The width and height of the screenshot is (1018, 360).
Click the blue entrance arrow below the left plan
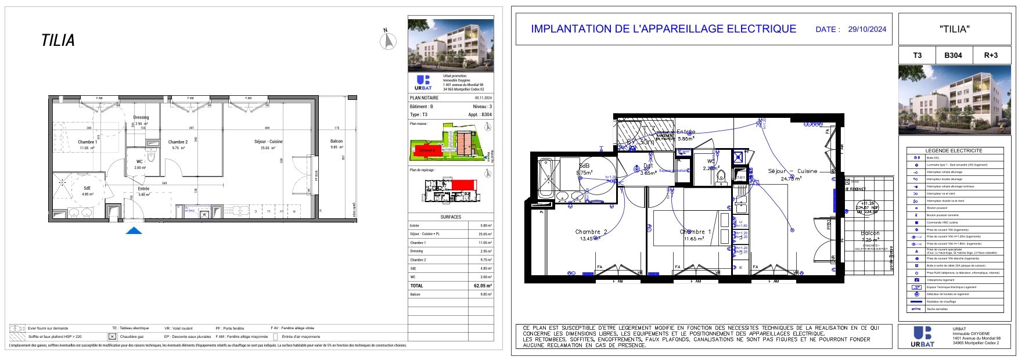click(x=134, y=231)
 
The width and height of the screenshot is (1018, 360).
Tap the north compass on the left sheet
click(x=388, y=41)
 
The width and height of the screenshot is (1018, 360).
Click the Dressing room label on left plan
click(x=141, y=117)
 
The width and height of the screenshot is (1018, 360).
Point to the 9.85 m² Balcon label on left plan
click(x=336, y=144)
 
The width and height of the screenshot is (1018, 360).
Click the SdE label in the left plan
click(x=87, y=188)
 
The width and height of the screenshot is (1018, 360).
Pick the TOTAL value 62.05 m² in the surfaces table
click(x=483, y=286)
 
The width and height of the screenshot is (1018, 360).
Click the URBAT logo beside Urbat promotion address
click(x=423, y=83)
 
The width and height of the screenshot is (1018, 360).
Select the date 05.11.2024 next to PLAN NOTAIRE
click(x=483, y=98)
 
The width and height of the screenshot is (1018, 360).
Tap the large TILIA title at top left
click(x=58, y=41)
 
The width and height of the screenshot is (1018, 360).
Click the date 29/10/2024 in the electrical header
click(x=867, y=29)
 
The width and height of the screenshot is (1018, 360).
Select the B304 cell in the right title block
click(x=952, y=55)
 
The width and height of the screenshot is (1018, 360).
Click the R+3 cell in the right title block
click(x=991, y=55)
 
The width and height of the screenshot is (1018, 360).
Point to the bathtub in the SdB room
click(x=546, y=178)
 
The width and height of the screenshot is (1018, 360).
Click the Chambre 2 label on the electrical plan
click(x=591, y=232)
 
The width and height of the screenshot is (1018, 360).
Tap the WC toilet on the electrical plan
click(x=722, y=177)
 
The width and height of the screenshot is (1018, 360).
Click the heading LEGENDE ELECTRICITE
click(x=954, y=150)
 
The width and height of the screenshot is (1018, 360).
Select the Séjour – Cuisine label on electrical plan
click(x=792, y=171)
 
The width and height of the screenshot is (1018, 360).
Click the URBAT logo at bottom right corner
click(x=923, y=336)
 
